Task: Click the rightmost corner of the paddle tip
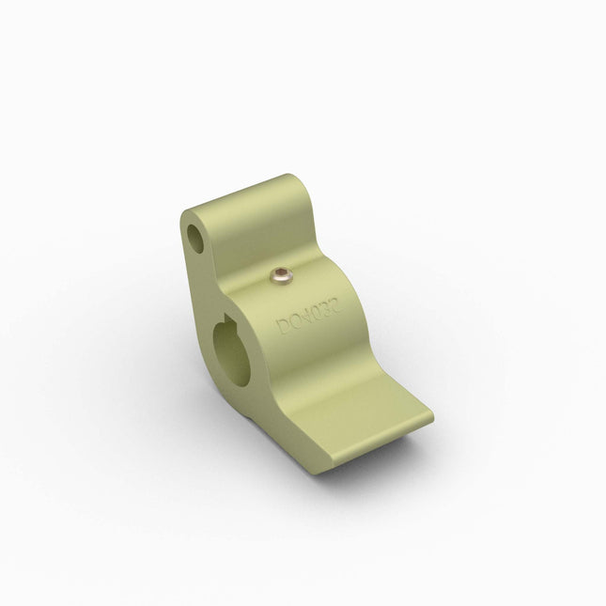click(435, 413)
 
